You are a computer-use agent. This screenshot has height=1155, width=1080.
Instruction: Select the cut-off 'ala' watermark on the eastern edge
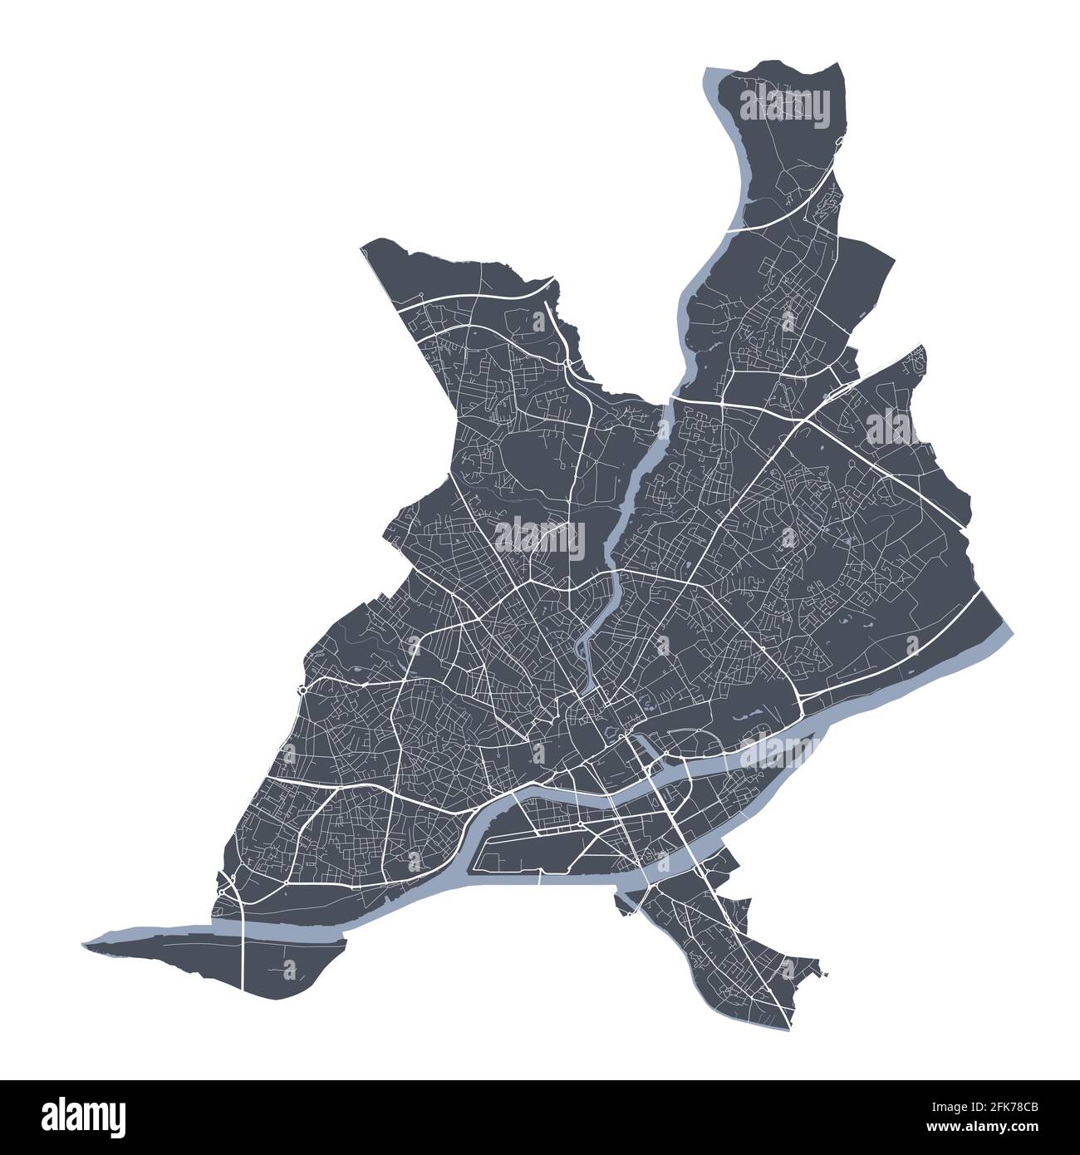[x=893, y=428]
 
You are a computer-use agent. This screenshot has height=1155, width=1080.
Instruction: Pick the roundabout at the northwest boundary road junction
[x=422, y=296]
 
